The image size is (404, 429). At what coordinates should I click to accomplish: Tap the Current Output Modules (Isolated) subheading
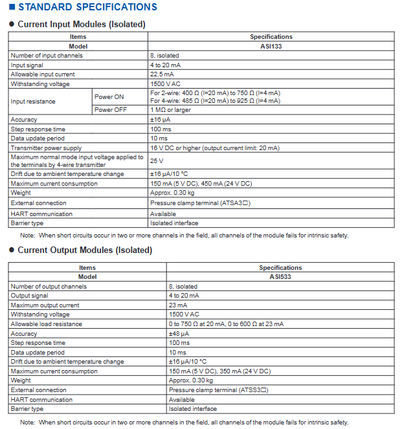(x=84, y=250)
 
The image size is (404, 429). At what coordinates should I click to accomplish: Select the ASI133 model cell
(x=271, y=47)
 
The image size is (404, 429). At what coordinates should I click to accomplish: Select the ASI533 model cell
(x=280, y=277)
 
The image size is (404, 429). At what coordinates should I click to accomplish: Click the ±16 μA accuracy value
(x=161, y=120)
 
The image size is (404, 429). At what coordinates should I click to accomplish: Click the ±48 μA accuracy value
(x=179, y=334)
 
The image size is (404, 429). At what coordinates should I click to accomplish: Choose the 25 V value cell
(x=157, y=160)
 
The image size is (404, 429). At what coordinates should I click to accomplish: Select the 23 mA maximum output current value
(x=178, y=305)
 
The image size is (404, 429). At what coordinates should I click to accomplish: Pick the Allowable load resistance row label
(x=46, y=324)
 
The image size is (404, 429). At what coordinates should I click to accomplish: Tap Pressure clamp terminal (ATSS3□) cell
(x=218, y=390)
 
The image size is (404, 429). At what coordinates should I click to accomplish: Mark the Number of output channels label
(x=49, y=287)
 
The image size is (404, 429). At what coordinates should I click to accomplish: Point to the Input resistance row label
(x=33, y=102)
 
